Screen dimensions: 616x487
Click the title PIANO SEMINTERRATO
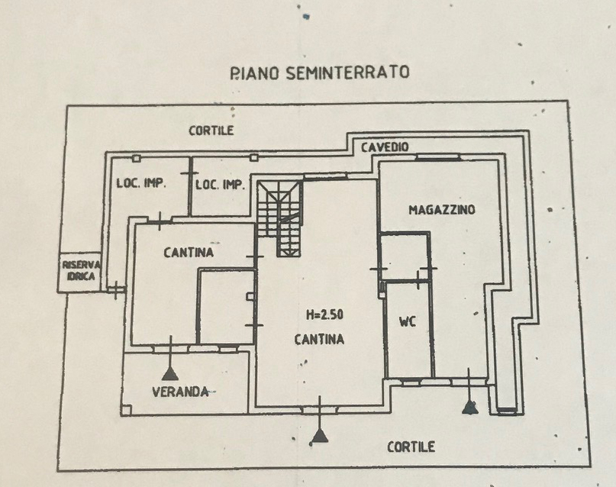coord(320,73)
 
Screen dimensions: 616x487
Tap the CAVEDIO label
coord(385,147)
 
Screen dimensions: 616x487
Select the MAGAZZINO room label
coord(442,210)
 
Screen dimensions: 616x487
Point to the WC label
coord(408,322)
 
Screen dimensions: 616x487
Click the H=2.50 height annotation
coord(324,314)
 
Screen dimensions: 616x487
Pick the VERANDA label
coord(180,392)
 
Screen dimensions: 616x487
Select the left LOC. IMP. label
coord(141,183)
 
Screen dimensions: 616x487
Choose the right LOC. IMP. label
coord(220,185)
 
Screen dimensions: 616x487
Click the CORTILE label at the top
coord(211,131)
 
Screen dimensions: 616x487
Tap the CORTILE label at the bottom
coord(411,447)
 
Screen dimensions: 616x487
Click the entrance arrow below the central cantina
coord(320,420)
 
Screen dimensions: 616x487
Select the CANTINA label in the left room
coord(189,253)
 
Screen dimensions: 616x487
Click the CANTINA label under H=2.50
coord(319,340)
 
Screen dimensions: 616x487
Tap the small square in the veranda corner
coord(126,411)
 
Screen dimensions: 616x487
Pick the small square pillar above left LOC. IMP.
coord(137,158)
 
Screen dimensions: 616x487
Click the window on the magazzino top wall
coord(437,157)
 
